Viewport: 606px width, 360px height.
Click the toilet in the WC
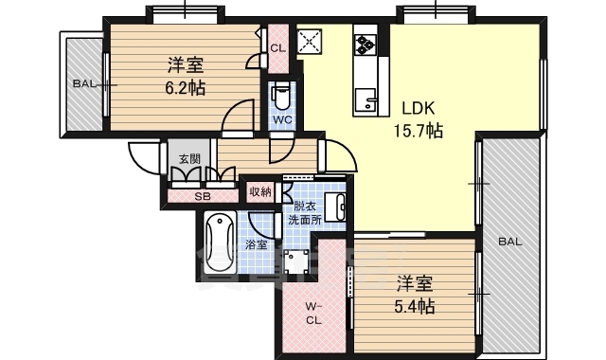click(279, 98)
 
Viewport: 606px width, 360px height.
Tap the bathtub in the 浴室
click(220, 243)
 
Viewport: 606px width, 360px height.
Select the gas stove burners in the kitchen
click(365, 45)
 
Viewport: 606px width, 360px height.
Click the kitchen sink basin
click(365, 100)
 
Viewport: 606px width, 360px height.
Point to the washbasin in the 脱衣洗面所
click(335, 207)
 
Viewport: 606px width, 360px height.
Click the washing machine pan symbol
click(296, 261)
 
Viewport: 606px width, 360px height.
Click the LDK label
click(418, 108)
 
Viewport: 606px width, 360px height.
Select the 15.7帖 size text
click(418, 132)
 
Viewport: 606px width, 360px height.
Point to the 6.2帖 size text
click(186, 89)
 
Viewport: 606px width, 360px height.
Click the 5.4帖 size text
click(415, 307)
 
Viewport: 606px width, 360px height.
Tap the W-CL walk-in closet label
click(313, 314)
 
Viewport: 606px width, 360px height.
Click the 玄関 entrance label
click(189, 158)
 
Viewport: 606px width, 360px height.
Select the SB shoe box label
click(202, 196)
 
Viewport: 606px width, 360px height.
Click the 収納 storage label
click(260, 191)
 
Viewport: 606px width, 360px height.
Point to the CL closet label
click(277, 48)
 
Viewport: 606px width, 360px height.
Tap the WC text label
click(282, 120)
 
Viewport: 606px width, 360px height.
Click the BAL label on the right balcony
click(510, 243)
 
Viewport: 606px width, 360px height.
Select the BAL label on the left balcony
click(85, 84)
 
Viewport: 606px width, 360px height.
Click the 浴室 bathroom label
click(257, 244)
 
